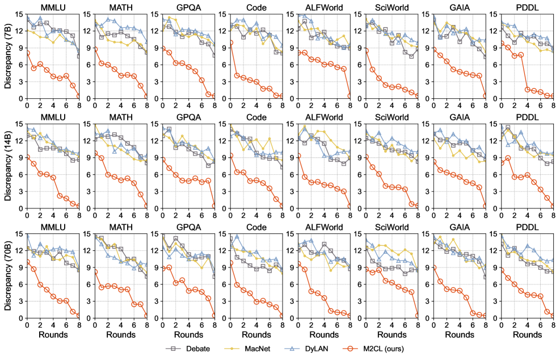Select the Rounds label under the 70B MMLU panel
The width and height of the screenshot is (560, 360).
53,334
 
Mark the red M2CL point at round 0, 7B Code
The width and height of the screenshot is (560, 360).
230,43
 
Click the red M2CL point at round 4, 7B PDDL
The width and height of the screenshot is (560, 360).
527,89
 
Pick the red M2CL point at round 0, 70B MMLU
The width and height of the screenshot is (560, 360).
27,262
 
